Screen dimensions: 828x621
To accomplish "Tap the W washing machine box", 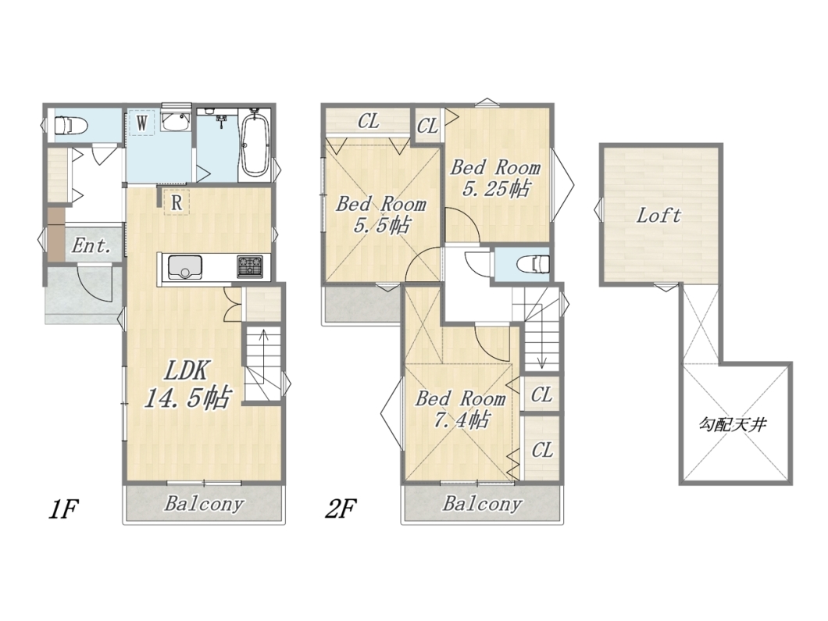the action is point(141,123).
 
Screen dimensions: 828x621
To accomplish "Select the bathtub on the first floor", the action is point(256,143).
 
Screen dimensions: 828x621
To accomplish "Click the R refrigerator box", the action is point(177,202).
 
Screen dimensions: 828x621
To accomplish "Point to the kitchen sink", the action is point(186,267).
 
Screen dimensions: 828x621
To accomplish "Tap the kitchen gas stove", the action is point(250,266).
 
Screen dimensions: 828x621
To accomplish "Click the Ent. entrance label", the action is point(91,245).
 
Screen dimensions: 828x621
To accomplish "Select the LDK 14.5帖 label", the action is point(187,384).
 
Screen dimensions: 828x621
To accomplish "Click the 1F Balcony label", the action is point(204,503).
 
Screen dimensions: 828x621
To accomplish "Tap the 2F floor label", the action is point(341,509).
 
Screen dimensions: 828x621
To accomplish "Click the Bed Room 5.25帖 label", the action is point(495,178).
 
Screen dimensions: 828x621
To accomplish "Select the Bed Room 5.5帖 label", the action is point(381,215).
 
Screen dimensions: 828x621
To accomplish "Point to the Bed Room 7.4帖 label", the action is point(460,409).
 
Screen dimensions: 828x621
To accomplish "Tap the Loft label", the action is point(658,216).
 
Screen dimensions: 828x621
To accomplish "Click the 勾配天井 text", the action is point(733,424).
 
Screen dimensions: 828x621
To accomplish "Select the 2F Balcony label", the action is point(482,503).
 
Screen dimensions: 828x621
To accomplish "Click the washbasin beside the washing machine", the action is point(176,122).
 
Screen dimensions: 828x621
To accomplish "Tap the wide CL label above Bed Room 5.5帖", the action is point(368,121).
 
